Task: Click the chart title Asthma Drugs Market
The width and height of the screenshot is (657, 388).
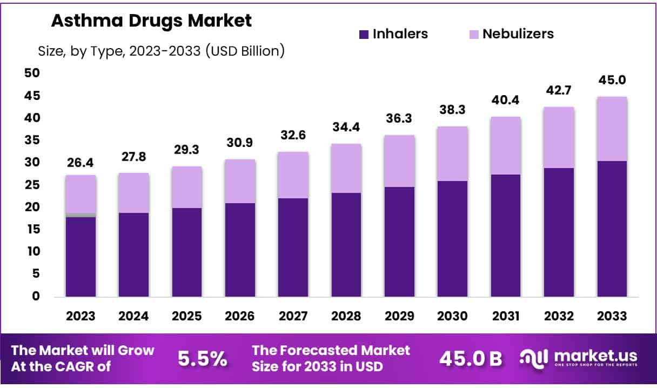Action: tap(151, 21)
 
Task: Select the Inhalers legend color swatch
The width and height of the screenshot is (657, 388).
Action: tap(364, 34)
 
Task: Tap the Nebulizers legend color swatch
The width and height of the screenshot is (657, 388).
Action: tap(473, 34)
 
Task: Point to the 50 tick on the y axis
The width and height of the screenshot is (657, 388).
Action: tap(32, 73)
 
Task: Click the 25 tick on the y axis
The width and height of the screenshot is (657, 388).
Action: tap(32, 185)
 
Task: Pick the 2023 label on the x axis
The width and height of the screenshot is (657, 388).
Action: tap(81, 316)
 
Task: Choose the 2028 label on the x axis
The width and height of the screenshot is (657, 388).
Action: tap(346, 316)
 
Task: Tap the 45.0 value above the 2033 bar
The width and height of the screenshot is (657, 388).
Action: tap(612, 80)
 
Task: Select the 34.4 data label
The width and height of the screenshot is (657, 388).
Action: tap(346, 128)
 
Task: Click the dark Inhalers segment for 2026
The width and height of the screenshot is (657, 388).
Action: tap(240, 250)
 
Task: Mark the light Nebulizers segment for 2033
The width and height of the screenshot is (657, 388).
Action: tap(612, 129)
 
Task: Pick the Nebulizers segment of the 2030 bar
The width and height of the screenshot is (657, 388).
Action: tap(453, 153)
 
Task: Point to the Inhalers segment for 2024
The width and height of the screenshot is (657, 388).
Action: tap(134, 255)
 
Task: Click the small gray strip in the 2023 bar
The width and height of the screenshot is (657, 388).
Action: tap(81, 215)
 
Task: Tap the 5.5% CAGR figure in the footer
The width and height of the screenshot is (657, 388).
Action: tap(202, 359)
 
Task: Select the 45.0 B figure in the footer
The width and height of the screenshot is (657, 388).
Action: tap(470, 359)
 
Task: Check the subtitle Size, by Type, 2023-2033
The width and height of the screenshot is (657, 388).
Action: tap(161, 51)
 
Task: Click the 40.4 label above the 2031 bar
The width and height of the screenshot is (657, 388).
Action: tap(506, 101)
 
